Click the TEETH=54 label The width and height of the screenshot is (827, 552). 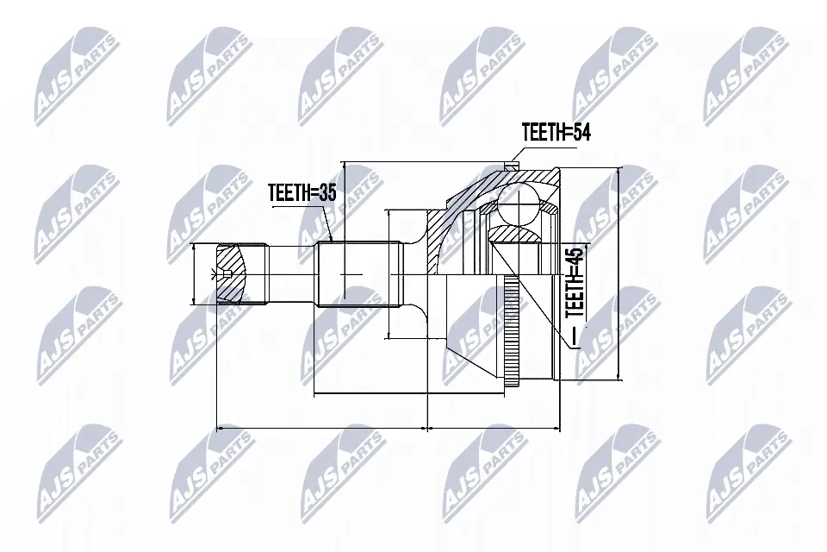tap(556, 132)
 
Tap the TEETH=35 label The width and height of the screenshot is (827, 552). tap(302, 192)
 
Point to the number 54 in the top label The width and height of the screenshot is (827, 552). tap(581, 132)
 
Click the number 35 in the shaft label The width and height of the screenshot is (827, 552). tap(327, 192)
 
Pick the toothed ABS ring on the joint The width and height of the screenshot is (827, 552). tap(510, 333)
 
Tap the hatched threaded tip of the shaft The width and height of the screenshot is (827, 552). tap(232, 273)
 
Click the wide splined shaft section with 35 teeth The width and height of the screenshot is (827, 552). tap(358, 273)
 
